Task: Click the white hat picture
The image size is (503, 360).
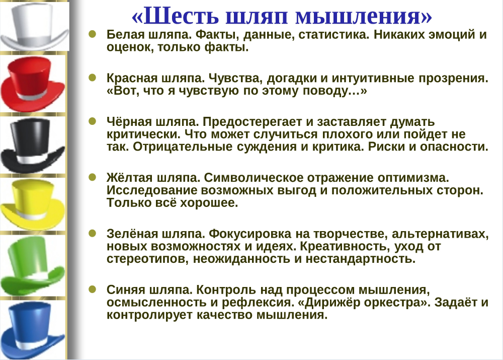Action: tap(35, 25)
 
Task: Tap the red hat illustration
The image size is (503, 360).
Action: tap(33, 85)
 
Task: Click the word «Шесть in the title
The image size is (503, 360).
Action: tap(175, 16)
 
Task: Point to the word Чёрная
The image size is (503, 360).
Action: tap(129, 122)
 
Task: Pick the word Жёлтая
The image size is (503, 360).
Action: tap(130, 178)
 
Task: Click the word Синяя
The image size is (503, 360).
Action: tap(126, 290)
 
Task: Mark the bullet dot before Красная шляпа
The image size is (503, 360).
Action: tap(93, 78)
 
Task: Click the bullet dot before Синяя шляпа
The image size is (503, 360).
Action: tap(93, 289)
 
